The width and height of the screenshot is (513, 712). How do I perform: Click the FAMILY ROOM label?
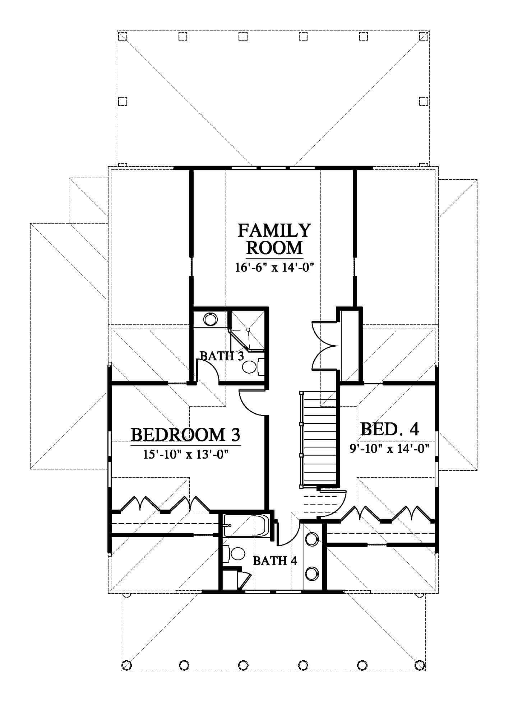point(274,239)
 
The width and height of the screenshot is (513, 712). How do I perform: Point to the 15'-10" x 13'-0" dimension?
point(186,454)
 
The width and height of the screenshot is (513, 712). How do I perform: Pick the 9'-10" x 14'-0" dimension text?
point(390,448)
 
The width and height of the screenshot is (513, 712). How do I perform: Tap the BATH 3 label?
point(222,356)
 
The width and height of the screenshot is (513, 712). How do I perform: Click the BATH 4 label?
point(275,561)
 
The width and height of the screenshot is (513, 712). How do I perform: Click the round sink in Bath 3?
point(210,319)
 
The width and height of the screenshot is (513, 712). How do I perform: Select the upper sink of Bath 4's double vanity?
point(311,539)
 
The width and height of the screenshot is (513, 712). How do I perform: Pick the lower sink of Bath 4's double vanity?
point(311,573)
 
